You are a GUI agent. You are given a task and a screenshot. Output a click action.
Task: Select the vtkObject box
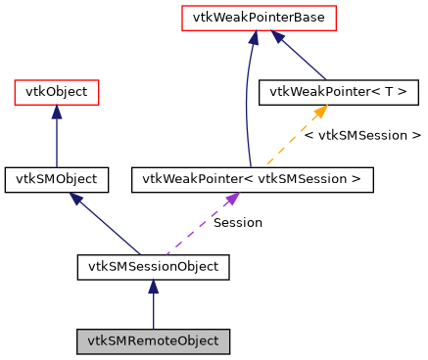coord(56,93)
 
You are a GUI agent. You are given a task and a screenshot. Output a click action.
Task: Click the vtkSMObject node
coord(56,179)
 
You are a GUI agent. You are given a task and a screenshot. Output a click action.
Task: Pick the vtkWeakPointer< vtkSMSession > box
coord(252,179)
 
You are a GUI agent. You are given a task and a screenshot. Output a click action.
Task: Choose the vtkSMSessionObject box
coord(153,266)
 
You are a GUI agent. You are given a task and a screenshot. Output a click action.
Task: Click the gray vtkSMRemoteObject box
coord(153,341)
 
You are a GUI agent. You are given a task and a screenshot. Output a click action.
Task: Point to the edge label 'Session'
coord(238,223)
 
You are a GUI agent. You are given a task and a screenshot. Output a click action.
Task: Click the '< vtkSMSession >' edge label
coord(362,136)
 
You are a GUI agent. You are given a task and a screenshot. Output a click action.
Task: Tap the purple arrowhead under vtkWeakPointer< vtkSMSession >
coord(232,199)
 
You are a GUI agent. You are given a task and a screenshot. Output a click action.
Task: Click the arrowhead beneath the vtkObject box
coord(56,112)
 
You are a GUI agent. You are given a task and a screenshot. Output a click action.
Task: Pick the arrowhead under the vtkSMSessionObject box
coord(153,287)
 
